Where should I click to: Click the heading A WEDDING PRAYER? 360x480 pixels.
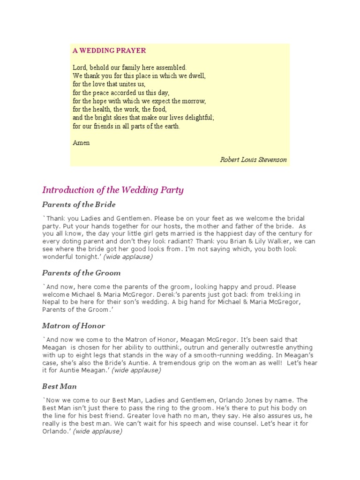point(109,51)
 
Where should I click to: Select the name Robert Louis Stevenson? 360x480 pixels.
point(253,160)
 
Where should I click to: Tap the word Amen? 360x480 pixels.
point(81,143)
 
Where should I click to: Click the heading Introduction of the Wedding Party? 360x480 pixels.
point(113,190)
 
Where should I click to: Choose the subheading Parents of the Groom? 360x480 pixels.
point(81,273)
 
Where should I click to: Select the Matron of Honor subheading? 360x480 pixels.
point(74,326)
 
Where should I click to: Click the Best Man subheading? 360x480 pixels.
point(60,386)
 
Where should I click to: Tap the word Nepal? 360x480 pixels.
point(51,302)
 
